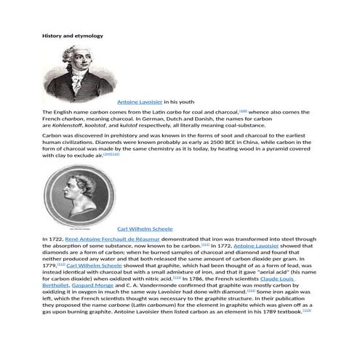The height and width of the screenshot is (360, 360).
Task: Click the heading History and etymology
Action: [x=73, y=35]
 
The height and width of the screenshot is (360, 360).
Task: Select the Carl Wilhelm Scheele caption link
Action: [x=145, y=228]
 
